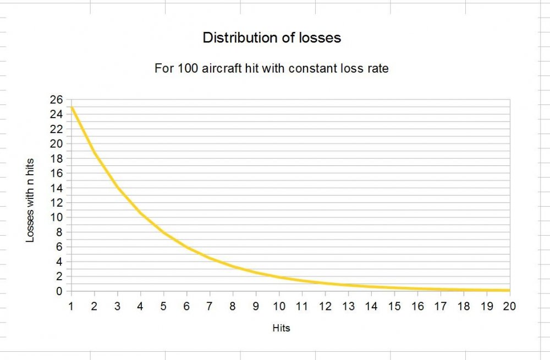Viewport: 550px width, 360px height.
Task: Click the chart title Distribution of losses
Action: click(272, 38)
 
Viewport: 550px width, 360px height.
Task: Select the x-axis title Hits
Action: click(281, 329)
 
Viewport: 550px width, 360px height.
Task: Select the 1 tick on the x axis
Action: click(71, 306)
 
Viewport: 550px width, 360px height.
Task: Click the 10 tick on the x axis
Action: click(279, 306)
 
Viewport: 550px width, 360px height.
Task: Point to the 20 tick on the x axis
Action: click(509, 306)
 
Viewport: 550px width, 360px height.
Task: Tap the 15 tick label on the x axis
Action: click(394, 306)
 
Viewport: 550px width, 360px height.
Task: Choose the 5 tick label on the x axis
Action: click(163, 306)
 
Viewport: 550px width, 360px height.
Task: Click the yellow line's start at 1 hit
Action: click(71, 107)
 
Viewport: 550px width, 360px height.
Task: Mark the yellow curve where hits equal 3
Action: click(117, 187)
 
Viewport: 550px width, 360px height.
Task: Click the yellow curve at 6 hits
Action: click(186, 247)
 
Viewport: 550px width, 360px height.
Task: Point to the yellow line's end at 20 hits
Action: click(509, 290)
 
